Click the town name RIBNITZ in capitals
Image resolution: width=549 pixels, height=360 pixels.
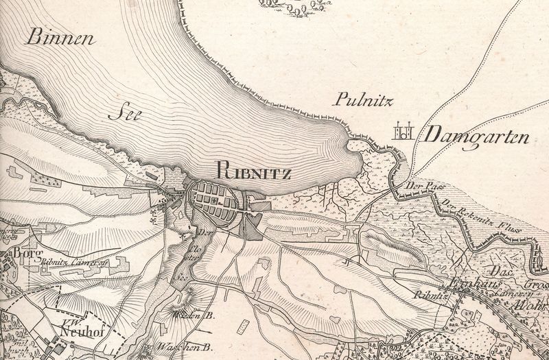pyautogui.click(x=253, y=170)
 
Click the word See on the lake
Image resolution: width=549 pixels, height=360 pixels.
pyautogui.click(x=124, y=114)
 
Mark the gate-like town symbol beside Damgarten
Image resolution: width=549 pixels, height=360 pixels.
pyautogui.click(x=403, y=132)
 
